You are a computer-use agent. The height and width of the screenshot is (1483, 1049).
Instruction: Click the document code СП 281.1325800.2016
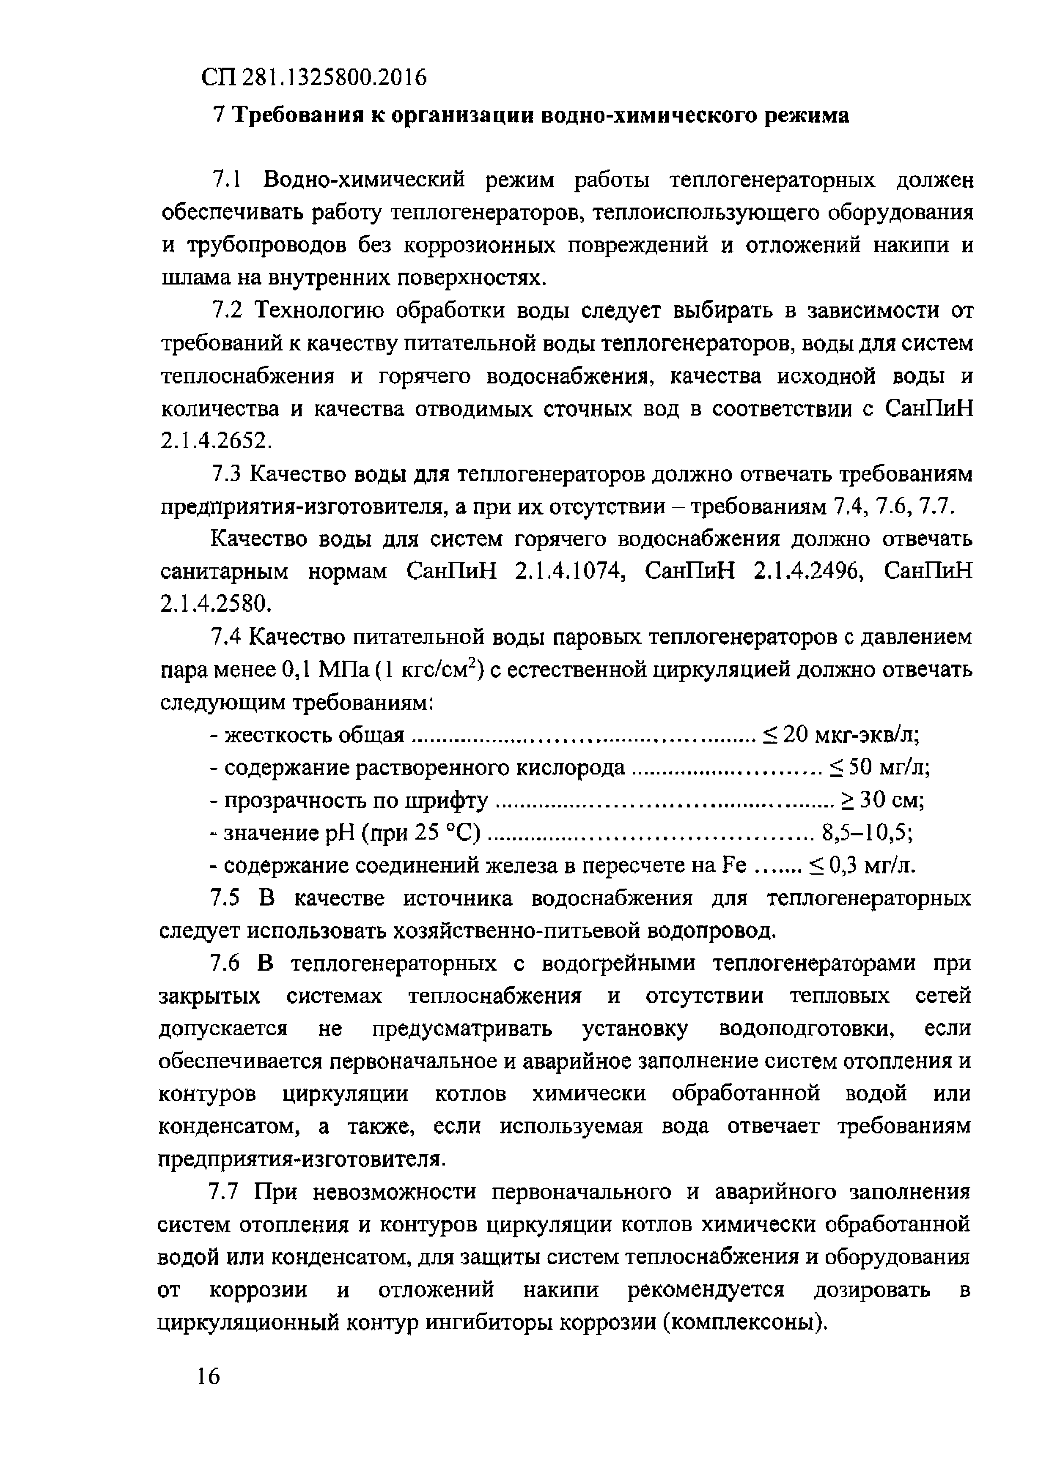[x=314, y=77]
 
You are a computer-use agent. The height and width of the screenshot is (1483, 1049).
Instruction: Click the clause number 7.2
[x=226, y=311]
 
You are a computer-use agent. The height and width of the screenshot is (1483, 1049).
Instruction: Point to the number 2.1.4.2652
[x=213, y=441]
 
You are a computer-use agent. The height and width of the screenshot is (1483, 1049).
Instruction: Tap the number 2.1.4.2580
[x=213, y=604]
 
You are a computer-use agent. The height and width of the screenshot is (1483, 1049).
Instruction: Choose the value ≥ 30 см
[x=882, y=801]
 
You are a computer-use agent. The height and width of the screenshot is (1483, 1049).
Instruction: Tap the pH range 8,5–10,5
[x=867, y=834]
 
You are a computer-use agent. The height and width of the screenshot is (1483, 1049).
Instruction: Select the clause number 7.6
[x=226, y=964]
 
